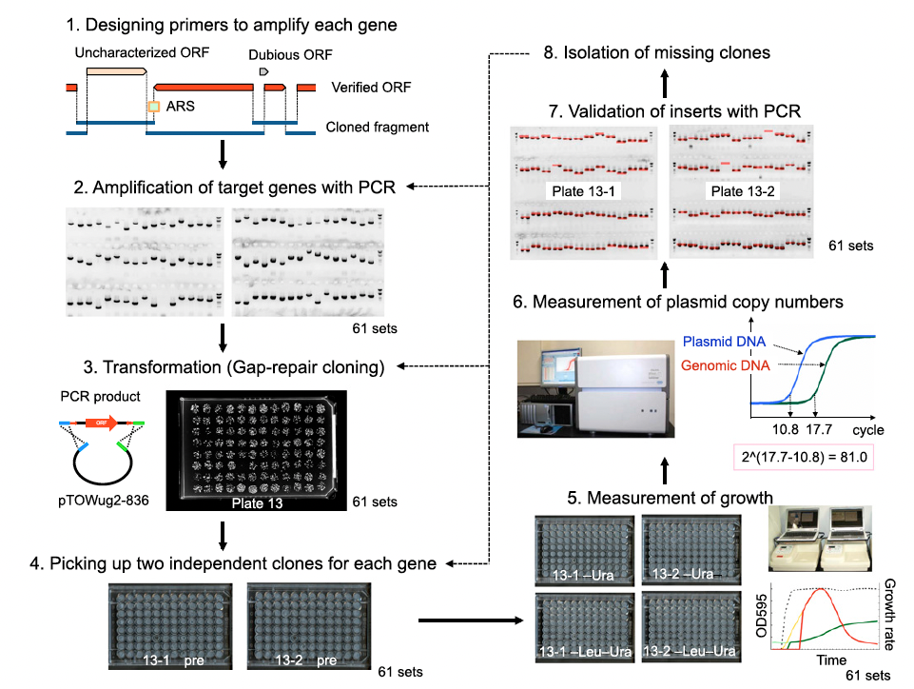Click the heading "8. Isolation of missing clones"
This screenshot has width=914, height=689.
654,52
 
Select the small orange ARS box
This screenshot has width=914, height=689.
152,107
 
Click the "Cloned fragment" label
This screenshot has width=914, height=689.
377,127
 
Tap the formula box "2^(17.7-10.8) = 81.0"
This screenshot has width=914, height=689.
805,457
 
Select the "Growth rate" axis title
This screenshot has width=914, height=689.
890,613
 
